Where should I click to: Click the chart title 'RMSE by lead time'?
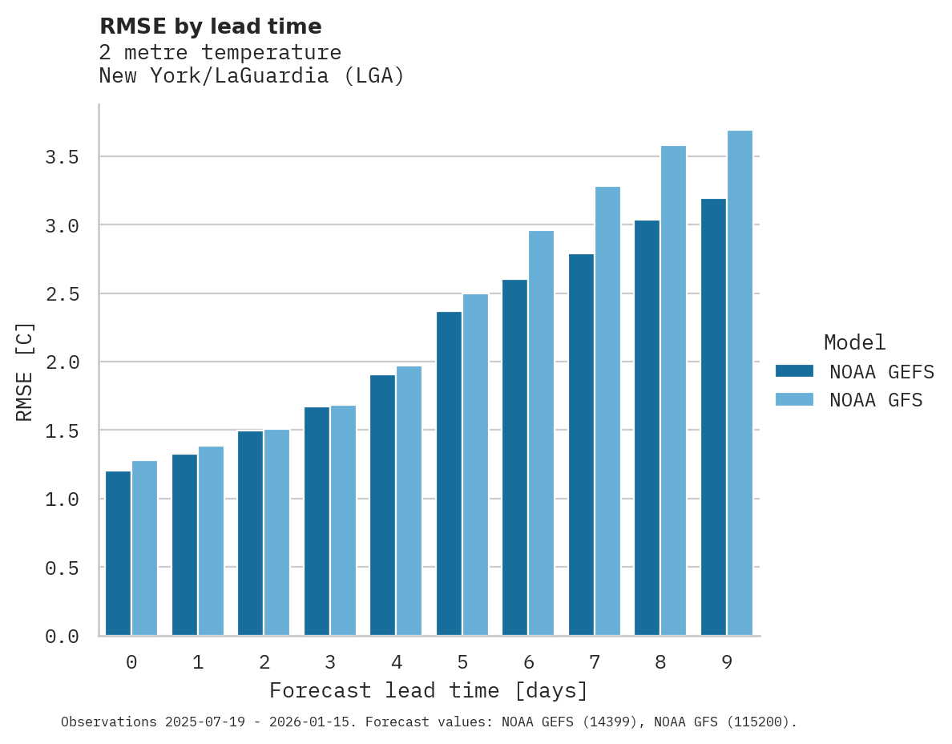210,26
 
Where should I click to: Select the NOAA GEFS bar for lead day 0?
118,553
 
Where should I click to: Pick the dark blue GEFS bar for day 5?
449,473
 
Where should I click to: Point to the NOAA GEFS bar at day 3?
317,521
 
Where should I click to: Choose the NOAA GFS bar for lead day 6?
541,433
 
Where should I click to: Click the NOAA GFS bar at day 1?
211,540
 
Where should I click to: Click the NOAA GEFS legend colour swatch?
794,371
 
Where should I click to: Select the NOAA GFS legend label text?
876,400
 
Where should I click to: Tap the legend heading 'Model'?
854,342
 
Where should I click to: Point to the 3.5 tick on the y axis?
62,157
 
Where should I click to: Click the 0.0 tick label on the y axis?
62,637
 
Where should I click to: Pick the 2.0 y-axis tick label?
62,362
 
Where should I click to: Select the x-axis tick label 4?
396,662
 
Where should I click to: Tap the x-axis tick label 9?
726,662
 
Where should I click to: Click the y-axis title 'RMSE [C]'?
25,371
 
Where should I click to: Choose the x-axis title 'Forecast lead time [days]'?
429,690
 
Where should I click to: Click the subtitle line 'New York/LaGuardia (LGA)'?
252,76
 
